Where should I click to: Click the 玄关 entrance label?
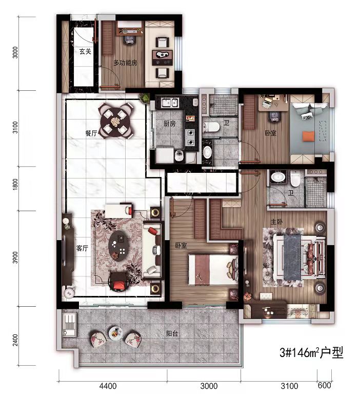(x=85, y=51)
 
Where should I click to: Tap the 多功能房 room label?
(x=125, y=63)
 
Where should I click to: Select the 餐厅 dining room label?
(x=91, y=133)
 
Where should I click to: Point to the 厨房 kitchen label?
(x=169, y=124)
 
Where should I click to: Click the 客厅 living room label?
(x=82, y=248)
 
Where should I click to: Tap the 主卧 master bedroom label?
(x=276, y=222)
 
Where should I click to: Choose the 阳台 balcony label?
(x=172, y=333)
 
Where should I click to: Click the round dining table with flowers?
(x=116, y=121)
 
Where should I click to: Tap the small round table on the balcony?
(x=115, y=334)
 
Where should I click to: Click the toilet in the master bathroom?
(x=295, y=178)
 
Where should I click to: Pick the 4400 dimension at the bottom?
(x=108, y=386)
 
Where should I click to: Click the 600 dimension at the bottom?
(x=324, y=385)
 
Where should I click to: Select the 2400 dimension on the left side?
(x=15, y=340)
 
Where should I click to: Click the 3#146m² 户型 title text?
(x=311, y=352)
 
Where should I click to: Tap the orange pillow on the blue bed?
(x=308, y=136)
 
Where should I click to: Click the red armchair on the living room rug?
(x=118, y=282)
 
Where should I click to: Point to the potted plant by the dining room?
(x=145, y=98)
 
